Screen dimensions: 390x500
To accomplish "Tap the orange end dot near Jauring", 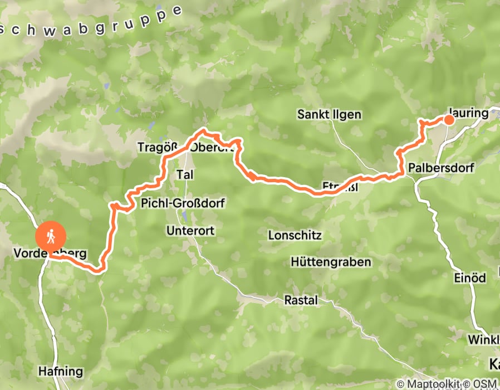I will [x=448, y=119].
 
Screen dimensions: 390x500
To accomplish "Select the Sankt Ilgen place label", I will [x=329, y=115].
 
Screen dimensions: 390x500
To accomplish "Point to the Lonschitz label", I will [x=295, y=235].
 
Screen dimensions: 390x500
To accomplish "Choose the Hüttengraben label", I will [x=331, y=262].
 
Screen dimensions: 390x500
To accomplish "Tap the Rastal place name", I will [x=301, y=301].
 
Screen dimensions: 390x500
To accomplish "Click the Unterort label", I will [x=190, y=230].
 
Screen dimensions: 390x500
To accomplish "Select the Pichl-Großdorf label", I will [x=183, y=203].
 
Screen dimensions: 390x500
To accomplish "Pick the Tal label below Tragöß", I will [x=184, y=175].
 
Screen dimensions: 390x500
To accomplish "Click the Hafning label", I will [x=61, y=371].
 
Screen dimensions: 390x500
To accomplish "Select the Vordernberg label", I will [x=50, y=254].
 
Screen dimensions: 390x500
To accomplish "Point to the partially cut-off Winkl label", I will [x=483, y=339].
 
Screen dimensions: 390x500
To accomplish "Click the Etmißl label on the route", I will [x=340, y=186].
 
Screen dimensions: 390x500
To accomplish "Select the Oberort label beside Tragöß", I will [x=210, y=148].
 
